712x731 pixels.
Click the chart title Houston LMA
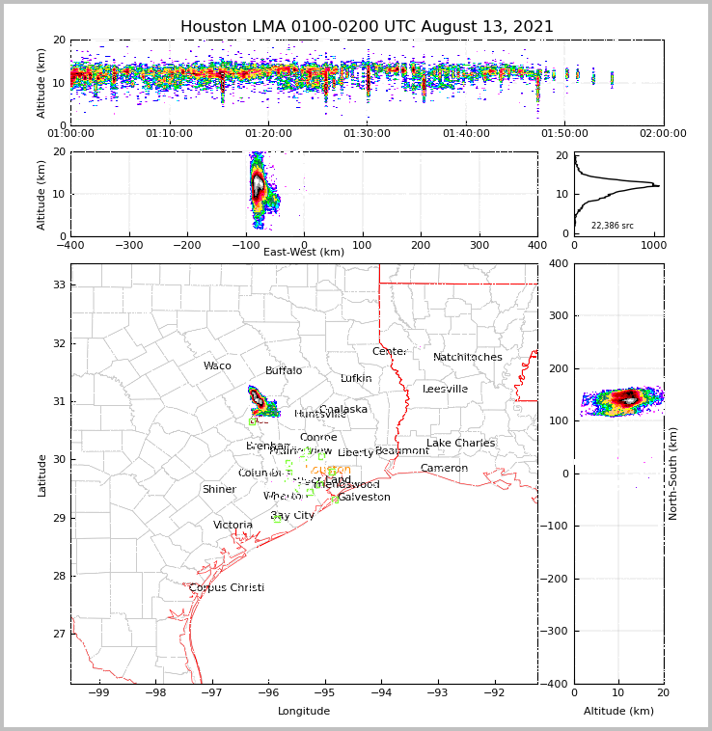click(x=367, y=27)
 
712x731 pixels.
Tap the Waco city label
click(x=217, y=366)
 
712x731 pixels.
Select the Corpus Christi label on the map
click(x=226, y=588)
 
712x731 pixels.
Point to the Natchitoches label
click(x=467, y=358)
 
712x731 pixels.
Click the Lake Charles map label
click(x=460, y=444)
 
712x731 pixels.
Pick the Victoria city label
click(x=233, y=526)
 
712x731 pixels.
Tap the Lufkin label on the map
click(x=356, y=379)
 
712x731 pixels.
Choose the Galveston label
click(x=364, y=498)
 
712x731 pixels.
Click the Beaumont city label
click(x=402, y=451)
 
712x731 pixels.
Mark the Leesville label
click(x=445, y=390)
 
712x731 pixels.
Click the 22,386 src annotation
click(x=612, y=226)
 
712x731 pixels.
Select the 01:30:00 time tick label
click(x=367, y=134)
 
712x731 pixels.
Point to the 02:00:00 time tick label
click(x=663, y=134)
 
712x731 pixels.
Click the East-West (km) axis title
click(x=303, y=253)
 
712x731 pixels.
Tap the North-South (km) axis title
click(x=673, y=474)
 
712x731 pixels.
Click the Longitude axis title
click(x=303, y=712)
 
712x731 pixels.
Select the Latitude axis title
click(x=42, y=474)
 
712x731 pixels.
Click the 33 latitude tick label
click(x=58, y=285)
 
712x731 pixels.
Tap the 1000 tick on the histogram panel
click(x=653, y=245)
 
